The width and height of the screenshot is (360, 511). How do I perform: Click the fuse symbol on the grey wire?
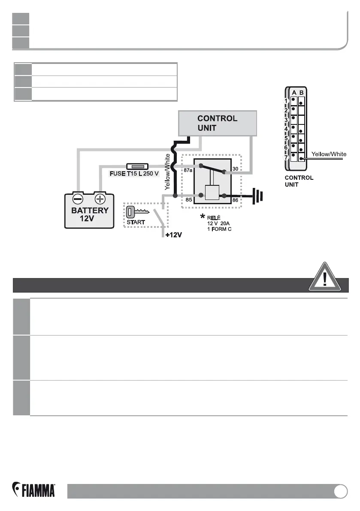[137, 166]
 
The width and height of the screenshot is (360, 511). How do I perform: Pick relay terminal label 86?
[234, 200]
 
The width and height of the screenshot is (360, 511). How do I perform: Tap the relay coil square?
[212, 193]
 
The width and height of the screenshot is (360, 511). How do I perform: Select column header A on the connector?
[294, 92]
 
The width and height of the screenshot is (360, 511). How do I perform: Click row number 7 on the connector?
[285, 157]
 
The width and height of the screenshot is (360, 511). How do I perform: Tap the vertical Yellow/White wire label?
[167, 172]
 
